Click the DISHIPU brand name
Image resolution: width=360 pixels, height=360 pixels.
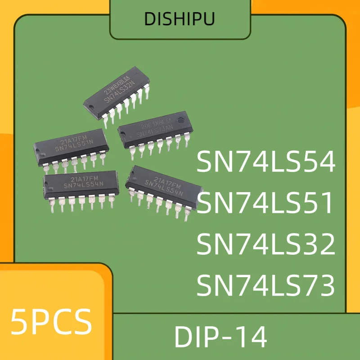pyautogui.click(x=180, y=19)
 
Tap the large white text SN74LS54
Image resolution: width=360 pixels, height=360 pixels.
pyautogui.click(x=266, y=162)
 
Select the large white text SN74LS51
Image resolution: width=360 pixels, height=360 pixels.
pyautogui.click(x=266, y=203)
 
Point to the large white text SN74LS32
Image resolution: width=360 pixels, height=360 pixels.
pyautogui.click(x=266, y=245)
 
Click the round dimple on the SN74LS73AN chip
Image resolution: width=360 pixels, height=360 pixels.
pyautogui.click(x=122, y=131)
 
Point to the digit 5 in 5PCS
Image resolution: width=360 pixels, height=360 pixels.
pyautogui.click(x=19, y=321)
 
